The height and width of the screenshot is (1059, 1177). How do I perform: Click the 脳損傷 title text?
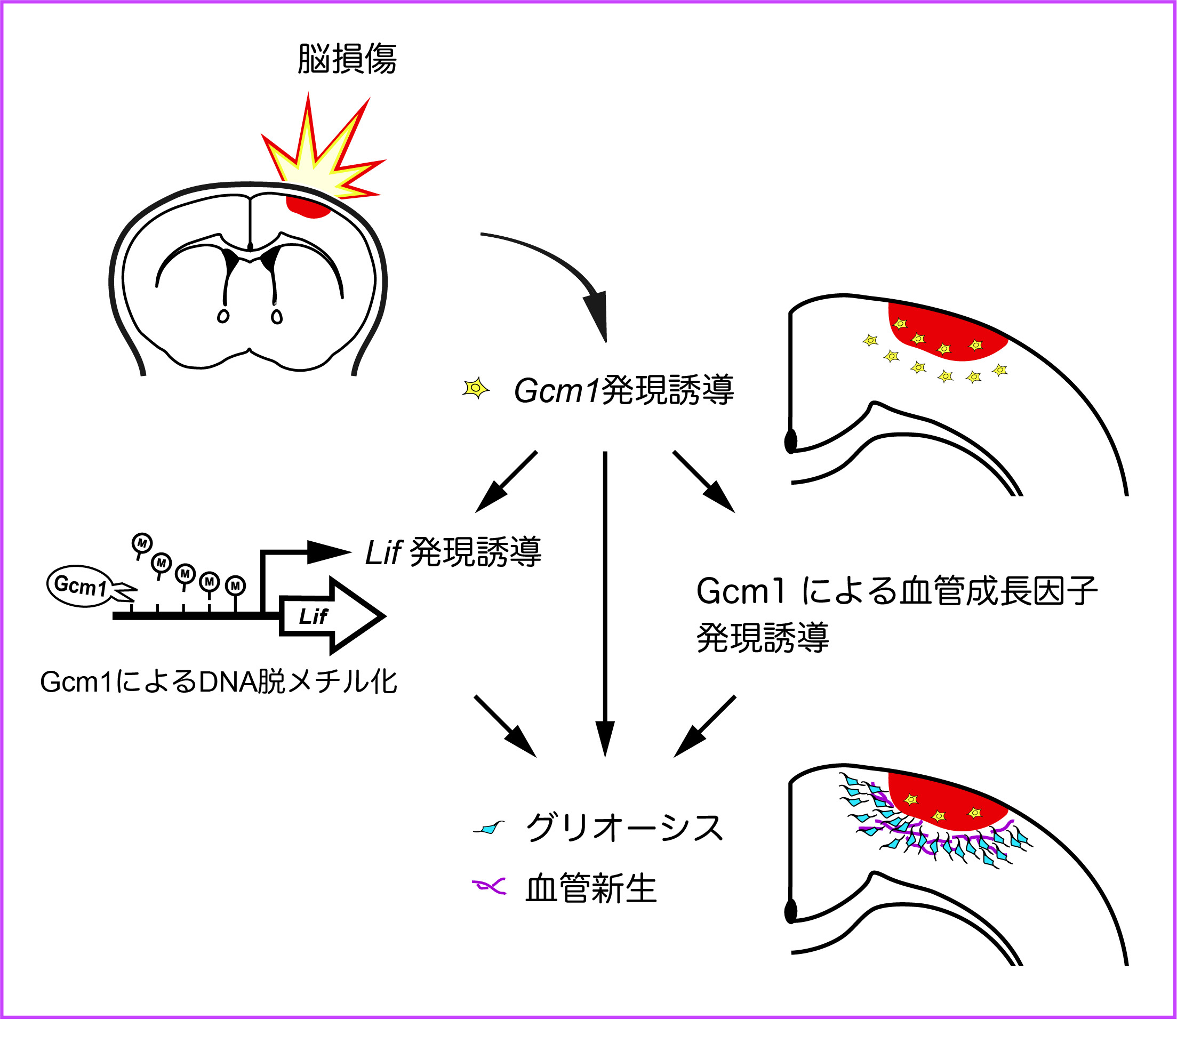pos(347,59)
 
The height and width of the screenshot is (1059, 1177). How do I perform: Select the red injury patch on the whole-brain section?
pos(307,206)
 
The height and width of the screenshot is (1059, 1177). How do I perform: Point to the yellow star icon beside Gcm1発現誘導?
pos(476,388)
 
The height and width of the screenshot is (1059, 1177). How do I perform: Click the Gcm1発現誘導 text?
pos(624,390)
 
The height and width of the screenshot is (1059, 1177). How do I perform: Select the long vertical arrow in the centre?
pos(605,599)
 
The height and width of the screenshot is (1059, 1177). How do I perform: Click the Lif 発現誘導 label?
pos(453,552)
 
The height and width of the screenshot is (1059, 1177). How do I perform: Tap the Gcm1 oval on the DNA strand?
pos(81,585)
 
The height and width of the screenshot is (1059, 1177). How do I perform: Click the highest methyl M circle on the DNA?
pos(142,543)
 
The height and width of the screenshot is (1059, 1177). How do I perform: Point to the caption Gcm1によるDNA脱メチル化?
pos(218,682)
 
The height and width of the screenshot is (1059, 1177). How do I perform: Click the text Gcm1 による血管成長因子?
pos(896,591)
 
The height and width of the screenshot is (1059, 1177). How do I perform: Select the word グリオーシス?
pos(624,828)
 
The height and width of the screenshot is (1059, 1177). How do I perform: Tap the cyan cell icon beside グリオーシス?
pos(489,828)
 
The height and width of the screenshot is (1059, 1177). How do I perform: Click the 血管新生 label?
pos(590,889)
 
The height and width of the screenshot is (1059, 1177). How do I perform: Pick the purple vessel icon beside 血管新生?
pos(489,887)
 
